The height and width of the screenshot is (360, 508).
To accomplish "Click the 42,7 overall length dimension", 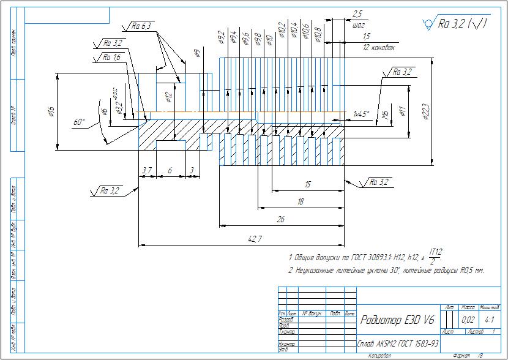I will click(x=252, y=239).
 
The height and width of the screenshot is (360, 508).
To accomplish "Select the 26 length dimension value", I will click(x=281, y=219).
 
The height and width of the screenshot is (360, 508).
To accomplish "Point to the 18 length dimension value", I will click(x=300, y=201).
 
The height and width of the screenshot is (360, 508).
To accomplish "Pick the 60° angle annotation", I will click(x=79, y=122).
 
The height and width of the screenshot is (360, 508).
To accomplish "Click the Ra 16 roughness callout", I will click(x=111, y=57).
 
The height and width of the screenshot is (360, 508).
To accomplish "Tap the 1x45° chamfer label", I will click(x=362, y=114).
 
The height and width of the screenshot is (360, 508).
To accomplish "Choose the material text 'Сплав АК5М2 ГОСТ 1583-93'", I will click(x=398, y=345).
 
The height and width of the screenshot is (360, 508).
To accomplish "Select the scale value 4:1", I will click(x=489, y=320).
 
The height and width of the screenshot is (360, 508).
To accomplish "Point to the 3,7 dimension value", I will click(x=147, y=170).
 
